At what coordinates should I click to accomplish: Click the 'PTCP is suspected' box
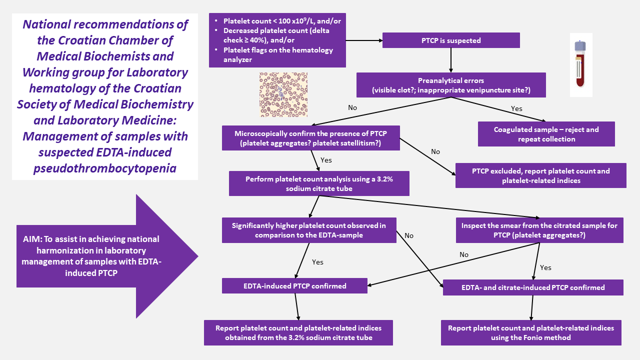coord(451,40)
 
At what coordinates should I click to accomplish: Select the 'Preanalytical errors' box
coord(451,85)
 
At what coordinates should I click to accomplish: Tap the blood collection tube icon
coord(580,64)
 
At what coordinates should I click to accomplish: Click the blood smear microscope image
coord(283,95)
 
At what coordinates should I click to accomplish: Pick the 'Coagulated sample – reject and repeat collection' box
coord(546,134)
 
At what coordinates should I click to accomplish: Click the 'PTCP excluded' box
coord(540,175)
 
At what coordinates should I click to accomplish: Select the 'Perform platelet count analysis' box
coord(319,183)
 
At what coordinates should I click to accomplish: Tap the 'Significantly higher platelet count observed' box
coord(308,230)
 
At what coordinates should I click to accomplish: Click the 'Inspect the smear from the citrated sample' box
coord(539,230)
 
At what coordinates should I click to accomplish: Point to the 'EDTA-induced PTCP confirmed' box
coord(295,286)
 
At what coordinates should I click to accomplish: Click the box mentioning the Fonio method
coord(531,333)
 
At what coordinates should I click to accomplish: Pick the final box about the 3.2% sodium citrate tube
coord(298,333)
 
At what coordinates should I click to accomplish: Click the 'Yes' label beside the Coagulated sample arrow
coord(517,108)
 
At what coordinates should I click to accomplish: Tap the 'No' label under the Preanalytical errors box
coord(352,107)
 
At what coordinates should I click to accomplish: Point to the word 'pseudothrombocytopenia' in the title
coord(104,168)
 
